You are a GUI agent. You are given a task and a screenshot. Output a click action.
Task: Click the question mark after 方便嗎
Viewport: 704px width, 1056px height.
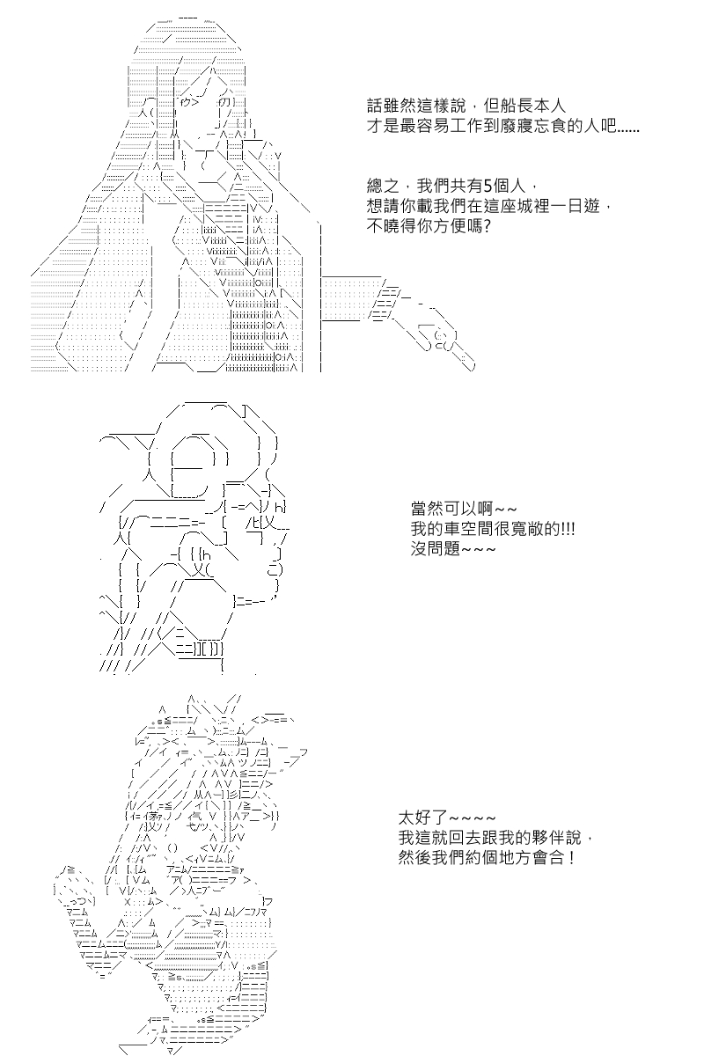tap(487, 227)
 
